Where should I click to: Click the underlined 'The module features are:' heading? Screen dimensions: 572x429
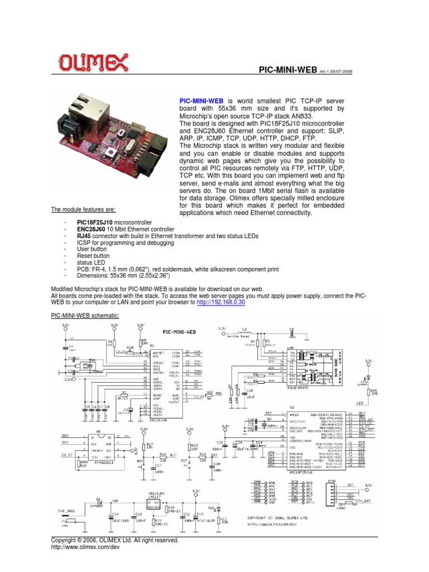pos(83,209)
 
